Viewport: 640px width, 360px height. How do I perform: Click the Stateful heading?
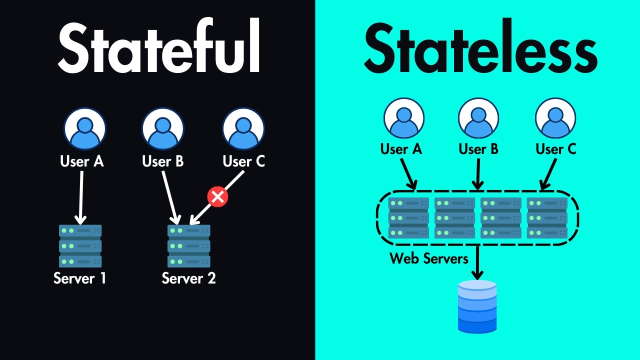pyautogui.click(x=159, y=48)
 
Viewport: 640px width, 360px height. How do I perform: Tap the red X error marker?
pyautogui.click(x=217, y=196)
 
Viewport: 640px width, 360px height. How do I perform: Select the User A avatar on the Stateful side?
pyautogui.click(x=85, y=128)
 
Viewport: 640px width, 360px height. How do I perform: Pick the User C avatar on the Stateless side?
pyautogui.click(x=555, y=118)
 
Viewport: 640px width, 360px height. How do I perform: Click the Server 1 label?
pyautogui.click(x=80, y=278)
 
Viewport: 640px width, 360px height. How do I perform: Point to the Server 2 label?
pyautogui.click(x=189, y=278)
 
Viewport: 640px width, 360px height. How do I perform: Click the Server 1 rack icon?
pyautogui.click(x=80, y=246)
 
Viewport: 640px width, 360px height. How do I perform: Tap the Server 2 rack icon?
pyautogui.click(x=189, y=246)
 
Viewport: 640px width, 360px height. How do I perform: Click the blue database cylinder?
pyautogui.click(x=477, y=306)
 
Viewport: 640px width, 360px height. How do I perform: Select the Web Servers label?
pyautogui.click(x=429, y=258)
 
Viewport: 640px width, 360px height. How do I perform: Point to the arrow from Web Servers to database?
pyautogui.click(x=477, y=262)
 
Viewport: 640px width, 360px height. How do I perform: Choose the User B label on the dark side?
pyautogui.click(x=163, y=161)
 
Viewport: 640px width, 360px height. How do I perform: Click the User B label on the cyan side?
pyautogui.click(x=478, y=149)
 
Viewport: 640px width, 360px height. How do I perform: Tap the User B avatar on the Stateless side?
pyautogui.click(x=478, y=118)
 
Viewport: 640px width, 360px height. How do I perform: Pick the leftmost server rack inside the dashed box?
pyautogui.click(x=408, y=218)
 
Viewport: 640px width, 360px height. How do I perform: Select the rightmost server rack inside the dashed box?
pyautogui.click(x=547, y=218)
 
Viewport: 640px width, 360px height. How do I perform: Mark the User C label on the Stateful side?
pyautogui.click(x=243, y=161)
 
